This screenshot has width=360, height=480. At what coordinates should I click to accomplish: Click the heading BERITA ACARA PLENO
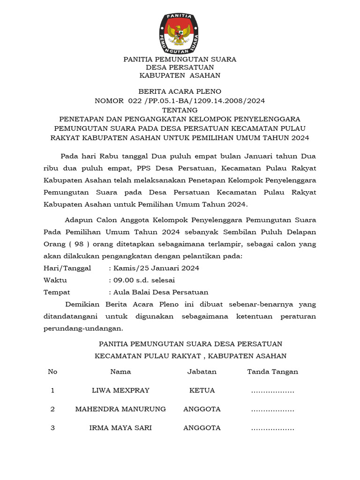click(x=180, y=91)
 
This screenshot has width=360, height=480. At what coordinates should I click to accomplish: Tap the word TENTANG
click(x=180, y=110)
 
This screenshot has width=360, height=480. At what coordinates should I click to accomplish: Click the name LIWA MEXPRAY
click(x=120, y=390)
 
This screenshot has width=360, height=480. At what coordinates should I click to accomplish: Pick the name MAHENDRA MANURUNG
click(x=120, y=409)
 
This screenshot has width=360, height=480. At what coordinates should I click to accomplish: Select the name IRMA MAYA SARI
click(x=120, y=428)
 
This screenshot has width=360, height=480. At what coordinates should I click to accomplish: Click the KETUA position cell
click(x=202, y=390)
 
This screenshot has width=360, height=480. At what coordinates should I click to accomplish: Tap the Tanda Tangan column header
click(x=273, y=372)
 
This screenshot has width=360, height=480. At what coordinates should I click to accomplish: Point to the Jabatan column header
click(x=202, y=372)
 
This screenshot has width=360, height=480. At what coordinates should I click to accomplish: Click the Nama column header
click(x=120, y=372)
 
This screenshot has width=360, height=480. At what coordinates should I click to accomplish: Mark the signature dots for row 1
click(x=273, y=391)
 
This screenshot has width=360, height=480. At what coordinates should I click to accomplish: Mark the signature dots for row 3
click(x=273, y=429)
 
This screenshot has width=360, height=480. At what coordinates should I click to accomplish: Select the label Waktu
click(x=55, y=280)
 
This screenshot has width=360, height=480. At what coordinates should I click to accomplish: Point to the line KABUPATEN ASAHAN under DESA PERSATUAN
click(x=180, y=75)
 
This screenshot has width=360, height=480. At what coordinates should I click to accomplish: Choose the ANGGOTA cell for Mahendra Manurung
click(x=202, y=409)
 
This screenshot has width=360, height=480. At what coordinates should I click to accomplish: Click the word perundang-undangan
click(x=83, y=328)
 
